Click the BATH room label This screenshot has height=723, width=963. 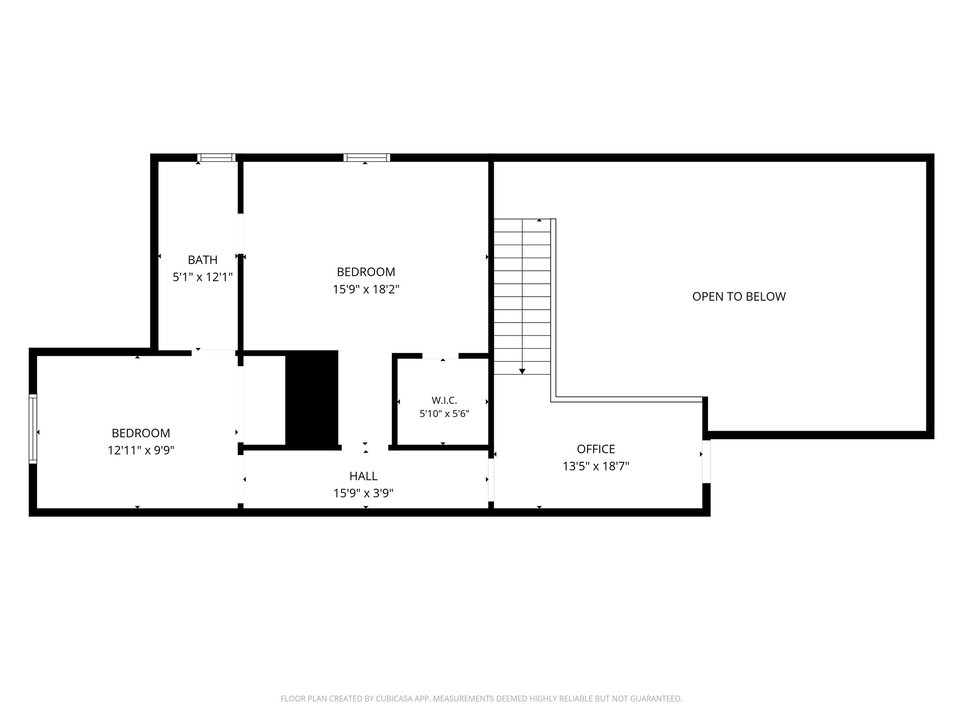203,260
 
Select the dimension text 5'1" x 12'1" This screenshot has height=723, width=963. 203,277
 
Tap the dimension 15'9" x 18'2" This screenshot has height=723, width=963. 366,289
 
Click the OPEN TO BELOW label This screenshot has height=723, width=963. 739,297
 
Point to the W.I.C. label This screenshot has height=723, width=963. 444,401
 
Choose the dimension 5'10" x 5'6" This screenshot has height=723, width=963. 444,414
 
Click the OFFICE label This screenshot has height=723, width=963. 596,449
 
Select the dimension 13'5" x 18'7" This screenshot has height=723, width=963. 596,466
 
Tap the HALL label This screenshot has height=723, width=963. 363,476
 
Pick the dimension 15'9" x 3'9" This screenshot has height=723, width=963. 363,493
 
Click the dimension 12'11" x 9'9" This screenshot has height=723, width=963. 141,450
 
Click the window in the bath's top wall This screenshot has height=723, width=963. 216,158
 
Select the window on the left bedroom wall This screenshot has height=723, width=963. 33,429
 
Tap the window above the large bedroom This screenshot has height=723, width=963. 367,158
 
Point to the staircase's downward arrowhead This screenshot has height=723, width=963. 522,371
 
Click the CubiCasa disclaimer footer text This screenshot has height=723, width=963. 481,699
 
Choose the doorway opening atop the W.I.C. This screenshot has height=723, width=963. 440,356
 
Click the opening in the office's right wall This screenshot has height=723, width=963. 706,462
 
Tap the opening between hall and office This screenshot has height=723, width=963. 491,480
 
